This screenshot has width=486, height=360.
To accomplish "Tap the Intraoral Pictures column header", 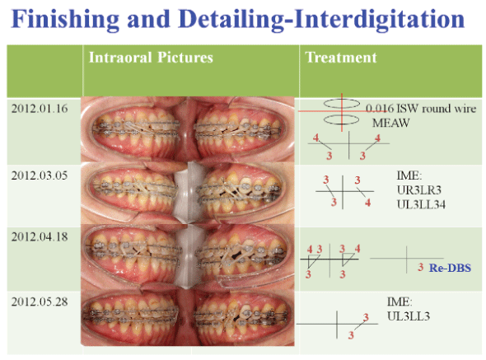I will [151, 58].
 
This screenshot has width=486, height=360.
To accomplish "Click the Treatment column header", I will [341, 58].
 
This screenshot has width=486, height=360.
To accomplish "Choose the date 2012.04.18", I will [38, 236].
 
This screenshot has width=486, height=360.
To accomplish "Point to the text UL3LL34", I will [420, 203].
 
